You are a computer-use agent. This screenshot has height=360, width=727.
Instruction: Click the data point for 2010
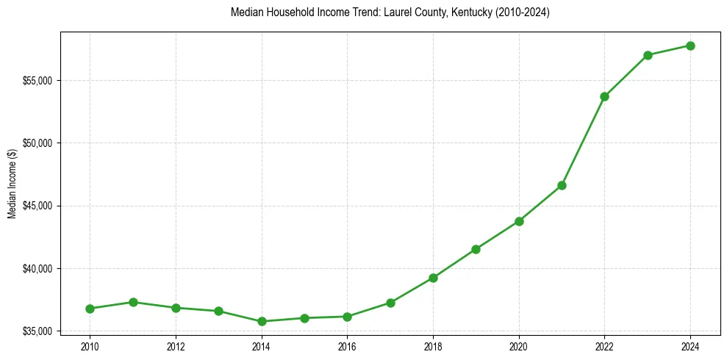[x=90, y=309]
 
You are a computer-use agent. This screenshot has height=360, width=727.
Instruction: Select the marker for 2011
[x=133, y=302]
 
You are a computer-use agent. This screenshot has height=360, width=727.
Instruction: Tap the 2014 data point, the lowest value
[x=262, y=321]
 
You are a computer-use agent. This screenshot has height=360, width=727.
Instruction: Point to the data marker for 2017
[x=390, y=303]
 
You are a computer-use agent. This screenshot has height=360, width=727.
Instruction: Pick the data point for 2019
[x=476, y=249]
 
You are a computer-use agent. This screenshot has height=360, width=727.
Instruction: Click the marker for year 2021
[x=562, y=185]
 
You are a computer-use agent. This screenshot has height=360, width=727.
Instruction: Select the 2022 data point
[x=604, y=96]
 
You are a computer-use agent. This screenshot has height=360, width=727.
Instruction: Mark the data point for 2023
[x=648, y=55]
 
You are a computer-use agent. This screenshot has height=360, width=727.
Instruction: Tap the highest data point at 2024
[x=690, y=46]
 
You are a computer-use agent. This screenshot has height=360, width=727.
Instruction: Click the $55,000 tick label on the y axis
[x=39, y=80]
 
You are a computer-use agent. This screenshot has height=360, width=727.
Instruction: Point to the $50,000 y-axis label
[x=39, y=143]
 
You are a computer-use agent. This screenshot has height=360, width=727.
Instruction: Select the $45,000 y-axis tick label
[x=39, y=206]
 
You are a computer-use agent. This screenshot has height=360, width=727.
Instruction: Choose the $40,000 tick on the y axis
[x=39, y=268]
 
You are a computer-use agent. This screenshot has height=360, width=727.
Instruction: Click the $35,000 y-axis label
[x=39, y=331]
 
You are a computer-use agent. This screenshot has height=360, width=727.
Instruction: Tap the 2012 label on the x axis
[x=176, y=346]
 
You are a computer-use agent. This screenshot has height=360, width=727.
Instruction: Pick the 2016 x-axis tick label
[x=347, y=346]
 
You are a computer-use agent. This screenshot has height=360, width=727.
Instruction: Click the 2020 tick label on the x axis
[x=519, y=346]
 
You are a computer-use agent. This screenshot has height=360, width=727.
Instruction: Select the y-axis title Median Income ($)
[x=12, y=184]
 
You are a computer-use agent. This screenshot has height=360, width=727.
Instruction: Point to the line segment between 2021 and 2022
[x=583, y=141]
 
